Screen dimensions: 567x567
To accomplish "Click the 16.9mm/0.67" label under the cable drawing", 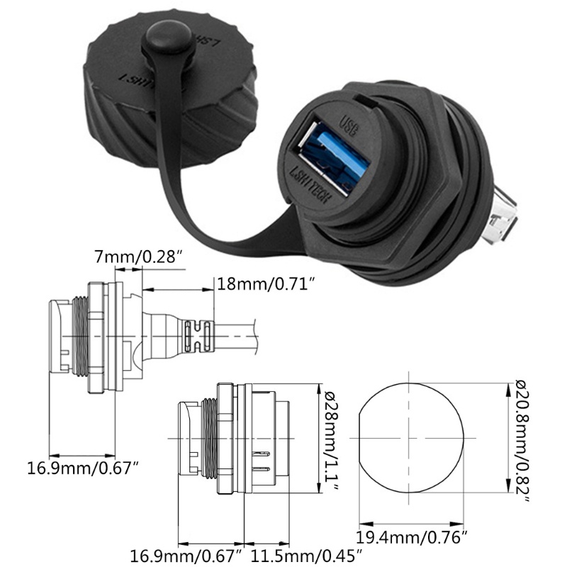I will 82,468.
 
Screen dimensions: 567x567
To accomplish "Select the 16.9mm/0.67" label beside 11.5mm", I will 186,554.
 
